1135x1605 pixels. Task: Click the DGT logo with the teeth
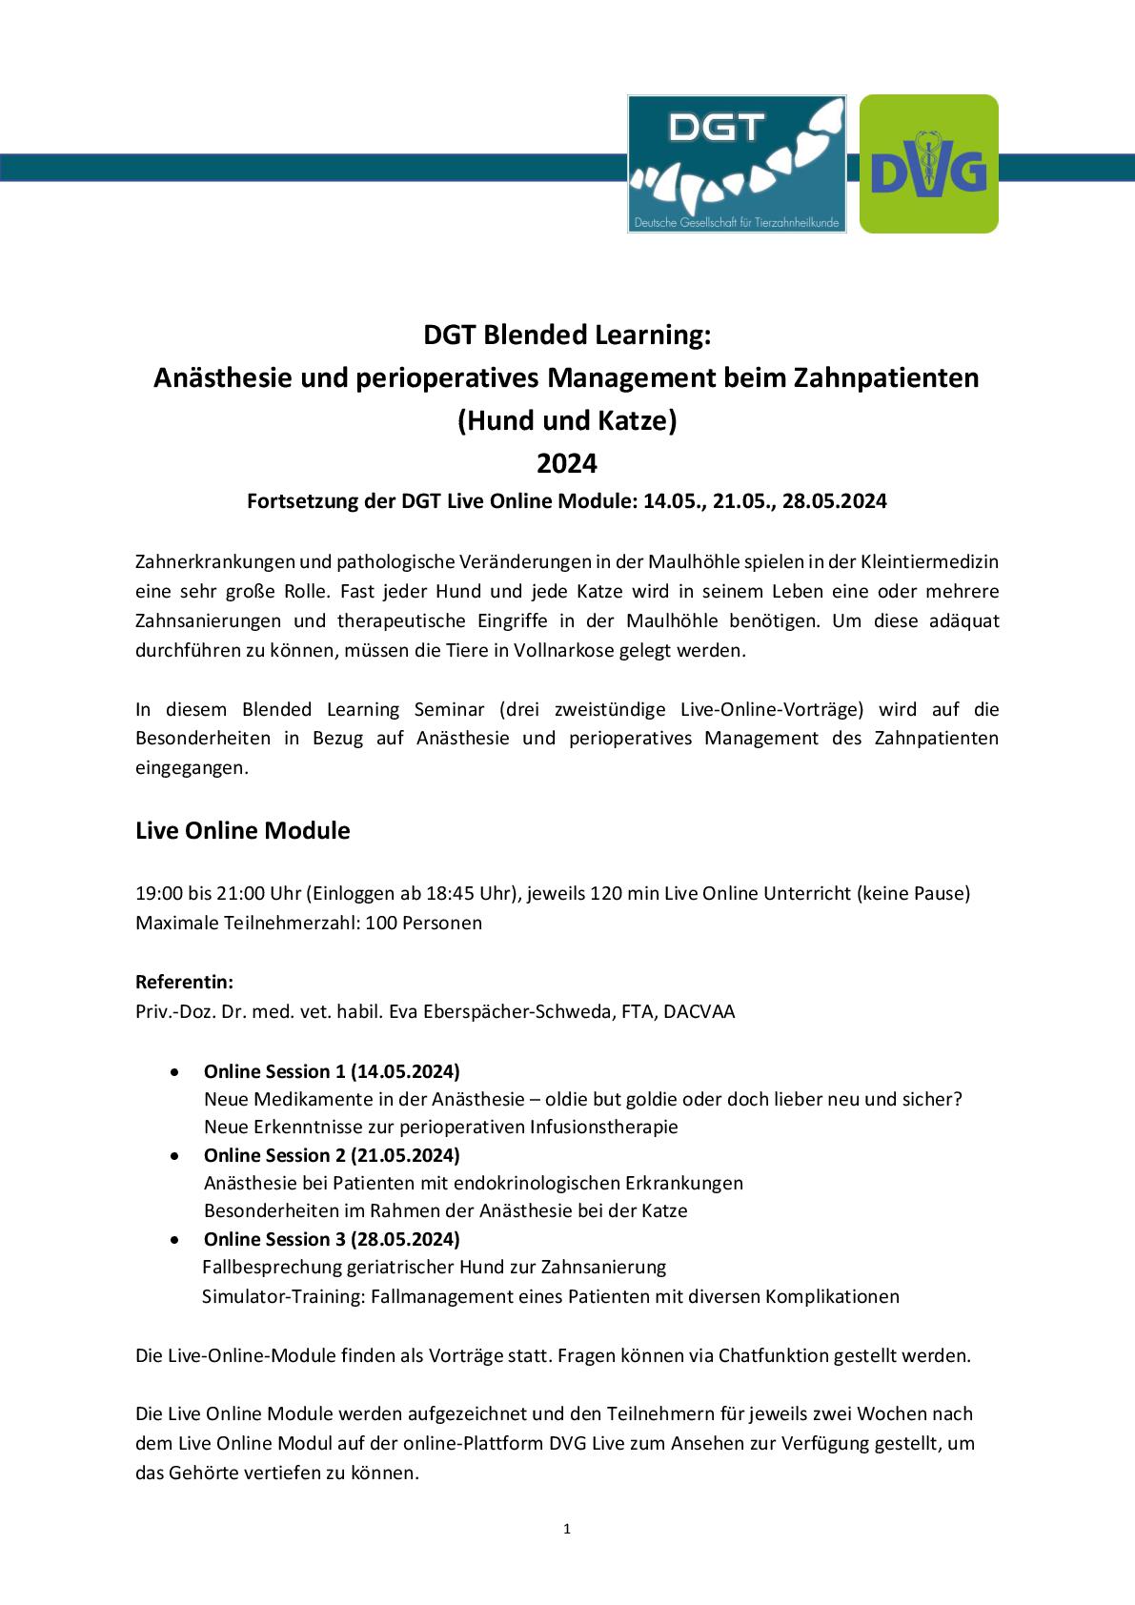coord(737,164)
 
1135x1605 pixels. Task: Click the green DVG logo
coord(928,164)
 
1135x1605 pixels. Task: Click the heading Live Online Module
coord(243,830)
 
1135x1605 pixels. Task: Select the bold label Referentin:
coord(185,982)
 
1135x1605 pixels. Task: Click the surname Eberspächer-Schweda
coord(523,1011)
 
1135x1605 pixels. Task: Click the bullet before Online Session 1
coord(172,1071)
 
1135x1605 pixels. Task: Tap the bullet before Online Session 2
coord(172,1155)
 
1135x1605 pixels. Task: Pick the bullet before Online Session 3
coord(172,1239)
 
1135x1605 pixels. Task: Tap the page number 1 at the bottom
coord(567,1530)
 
